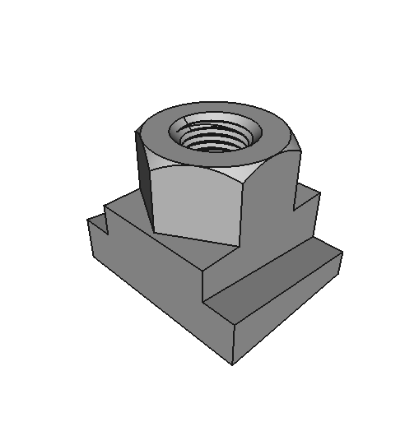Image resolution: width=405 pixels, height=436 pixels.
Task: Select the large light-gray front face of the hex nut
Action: [x=198, y=206]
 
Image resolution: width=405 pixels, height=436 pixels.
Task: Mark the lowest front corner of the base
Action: [x=233, y=364]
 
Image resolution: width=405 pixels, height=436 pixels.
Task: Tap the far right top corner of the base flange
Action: [x=342, y=253]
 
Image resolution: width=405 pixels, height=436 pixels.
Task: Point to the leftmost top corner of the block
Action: [x=87, y=220]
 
